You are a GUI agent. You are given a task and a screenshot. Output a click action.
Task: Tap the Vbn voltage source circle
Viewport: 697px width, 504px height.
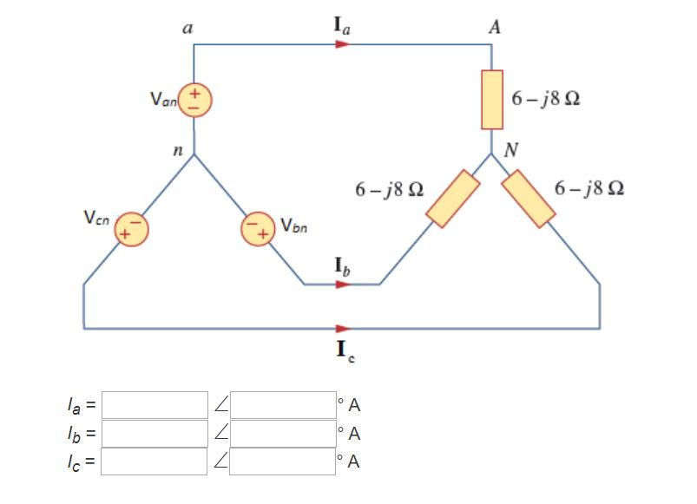pyautogui.click(x=259, y=229)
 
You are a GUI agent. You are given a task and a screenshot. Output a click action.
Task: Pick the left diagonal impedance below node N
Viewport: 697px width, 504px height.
pyautogui.click(x=453, y=200)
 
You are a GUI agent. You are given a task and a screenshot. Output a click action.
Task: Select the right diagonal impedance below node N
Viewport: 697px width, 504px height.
pyautogui.click(x=529, y=199)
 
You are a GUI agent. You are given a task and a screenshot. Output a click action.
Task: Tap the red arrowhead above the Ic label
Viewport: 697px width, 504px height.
pyautogui.click(x=343, y=329)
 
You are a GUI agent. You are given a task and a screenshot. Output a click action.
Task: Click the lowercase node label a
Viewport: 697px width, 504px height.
pyautogui.click(x=187, y=27)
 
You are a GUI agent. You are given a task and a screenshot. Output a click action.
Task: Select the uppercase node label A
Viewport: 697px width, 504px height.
pyautogui.click(x=494, y=27)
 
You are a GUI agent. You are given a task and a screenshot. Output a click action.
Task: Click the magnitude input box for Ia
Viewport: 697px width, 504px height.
pyautogui.click(x=155, y=404)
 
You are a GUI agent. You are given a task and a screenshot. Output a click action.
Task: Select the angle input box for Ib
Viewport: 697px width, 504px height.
pyautogui.click(x=283, y=432)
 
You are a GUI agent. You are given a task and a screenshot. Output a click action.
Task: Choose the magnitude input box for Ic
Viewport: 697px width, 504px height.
pyautogui.click(x=155, y=460)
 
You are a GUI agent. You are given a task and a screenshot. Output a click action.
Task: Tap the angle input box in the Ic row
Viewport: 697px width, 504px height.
pyautogui.click(x=283, y=460)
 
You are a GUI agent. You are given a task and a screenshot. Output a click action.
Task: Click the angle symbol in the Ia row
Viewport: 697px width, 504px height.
pyautogui.click(x=220, y=404)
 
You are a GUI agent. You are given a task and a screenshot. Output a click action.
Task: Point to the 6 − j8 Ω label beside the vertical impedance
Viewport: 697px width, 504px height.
pyautogui.click(x=546, y=98)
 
